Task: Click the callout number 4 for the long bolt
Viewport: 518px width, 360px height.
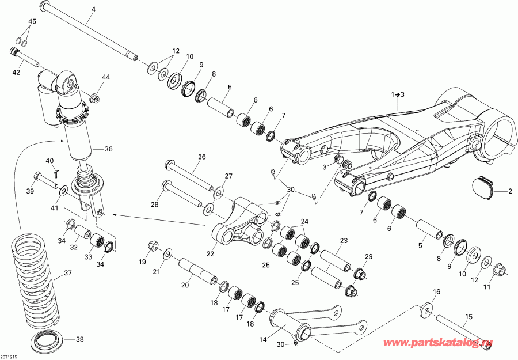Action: point(94,10)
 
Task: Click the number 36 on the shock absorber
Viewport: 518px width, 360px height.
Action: point(108,149)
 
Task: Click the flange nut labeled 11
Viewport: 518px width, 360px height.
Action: point(499,268)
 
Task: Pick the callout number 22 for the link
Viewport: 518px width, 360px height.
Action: point(210,253)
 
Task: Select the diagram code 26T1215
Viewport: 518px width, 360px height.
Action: point(9,356)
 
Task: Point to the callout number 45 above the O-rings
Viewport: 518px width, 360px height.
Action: point(32,22)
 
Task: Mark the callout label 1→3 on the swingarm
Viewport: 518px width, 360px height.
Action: point(398,94)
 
